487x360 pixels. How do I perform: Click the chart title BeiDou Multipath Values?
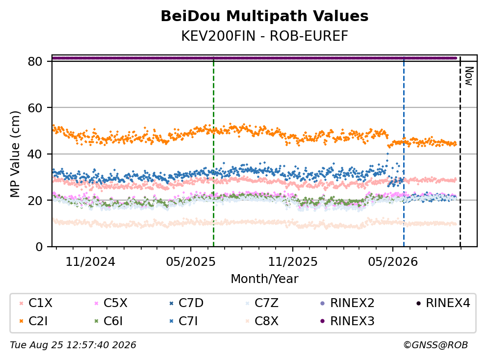click(x=264, y=16)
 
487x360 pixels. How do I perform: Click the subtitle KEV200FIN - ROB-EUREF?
click(x=264, y=36)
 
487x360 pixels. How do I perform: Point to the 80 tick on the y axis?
click(x=35, y=61)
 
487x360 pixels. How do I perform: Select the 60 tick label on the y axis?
click(x=35, y=108)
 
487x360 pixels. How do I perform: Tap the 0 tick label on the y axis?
click(x=39, y=247)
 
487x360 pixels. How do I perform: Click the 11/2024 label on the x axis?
click(x=90, y=262)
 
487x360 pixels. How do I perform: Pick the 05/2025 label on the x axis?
click(x=190, y=262)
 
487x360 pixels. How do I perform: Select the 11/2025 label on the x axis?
click(x=293, y=262)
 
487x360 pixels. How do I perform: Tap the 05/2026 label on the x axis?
click(x=393, y=262)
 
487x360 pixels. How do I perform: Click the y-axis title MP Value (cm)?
click(x=15, y=154)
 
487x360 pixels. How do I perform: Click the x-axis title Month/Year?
click(x=264, y=279)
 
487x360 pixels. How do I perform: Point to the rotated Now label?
click(x=469, y=76)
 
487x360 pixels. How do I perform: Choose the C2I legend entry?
click(x=33, y=321)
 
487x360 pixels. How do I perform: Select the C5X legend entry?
click(x=111, y=303)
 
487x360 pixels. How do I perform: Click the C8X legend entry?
click(x=262, y=321)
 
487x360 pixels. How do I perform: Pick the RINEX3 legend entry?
click(x=347, y=321)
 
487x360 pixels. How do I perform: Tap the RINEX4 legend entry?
click(x=443, y=303)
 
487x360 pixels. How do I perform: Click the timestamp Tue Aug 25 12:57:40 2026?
click(x=73, y=345)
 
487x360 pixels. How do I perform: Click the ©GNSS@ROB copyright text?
click(x=436, y=345)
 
